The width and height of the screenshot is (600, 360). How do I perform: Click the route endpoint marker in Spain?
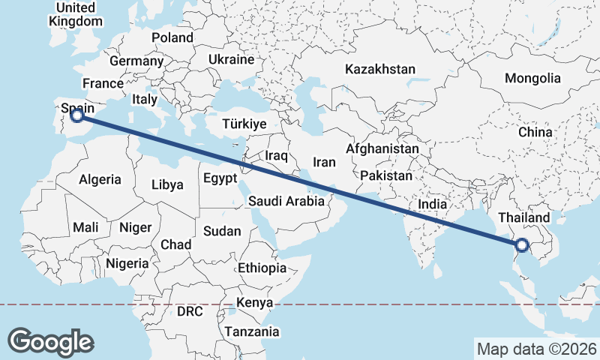(76, 115)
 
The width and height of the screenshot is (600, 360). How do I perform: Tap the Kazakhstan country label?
(379, 69)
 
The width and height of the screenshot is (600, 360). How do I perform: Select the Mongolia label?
(532, 78)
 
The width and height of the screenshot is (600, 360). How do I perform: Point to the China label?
(535, 132)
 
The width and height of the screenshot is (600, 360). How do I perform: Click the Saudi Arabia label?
(286, 201)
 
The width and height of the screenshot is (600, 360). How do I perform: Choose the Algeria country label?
(100, 179)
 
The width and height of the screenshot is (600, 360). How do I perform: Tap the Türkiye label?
(244, 124)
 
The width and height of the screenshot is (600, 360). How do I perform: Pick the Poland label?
(172, 37)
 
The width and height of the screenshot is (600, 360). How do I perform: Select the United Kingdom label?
(75, 14)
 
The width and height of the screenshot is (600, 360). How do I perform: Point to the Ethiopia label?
(262, 268)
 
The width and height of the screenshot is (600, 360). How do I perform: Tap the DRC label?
(190, 310)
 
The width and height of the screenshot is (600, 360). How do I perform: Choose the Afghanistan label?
(382, 149)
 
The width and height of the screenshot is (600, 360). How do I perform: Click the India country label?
(432, 203)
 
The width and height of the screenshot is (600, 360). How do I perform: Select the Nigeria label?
(127, 263)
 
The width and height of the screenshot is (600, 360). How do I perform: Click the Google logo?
(50, 342)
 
